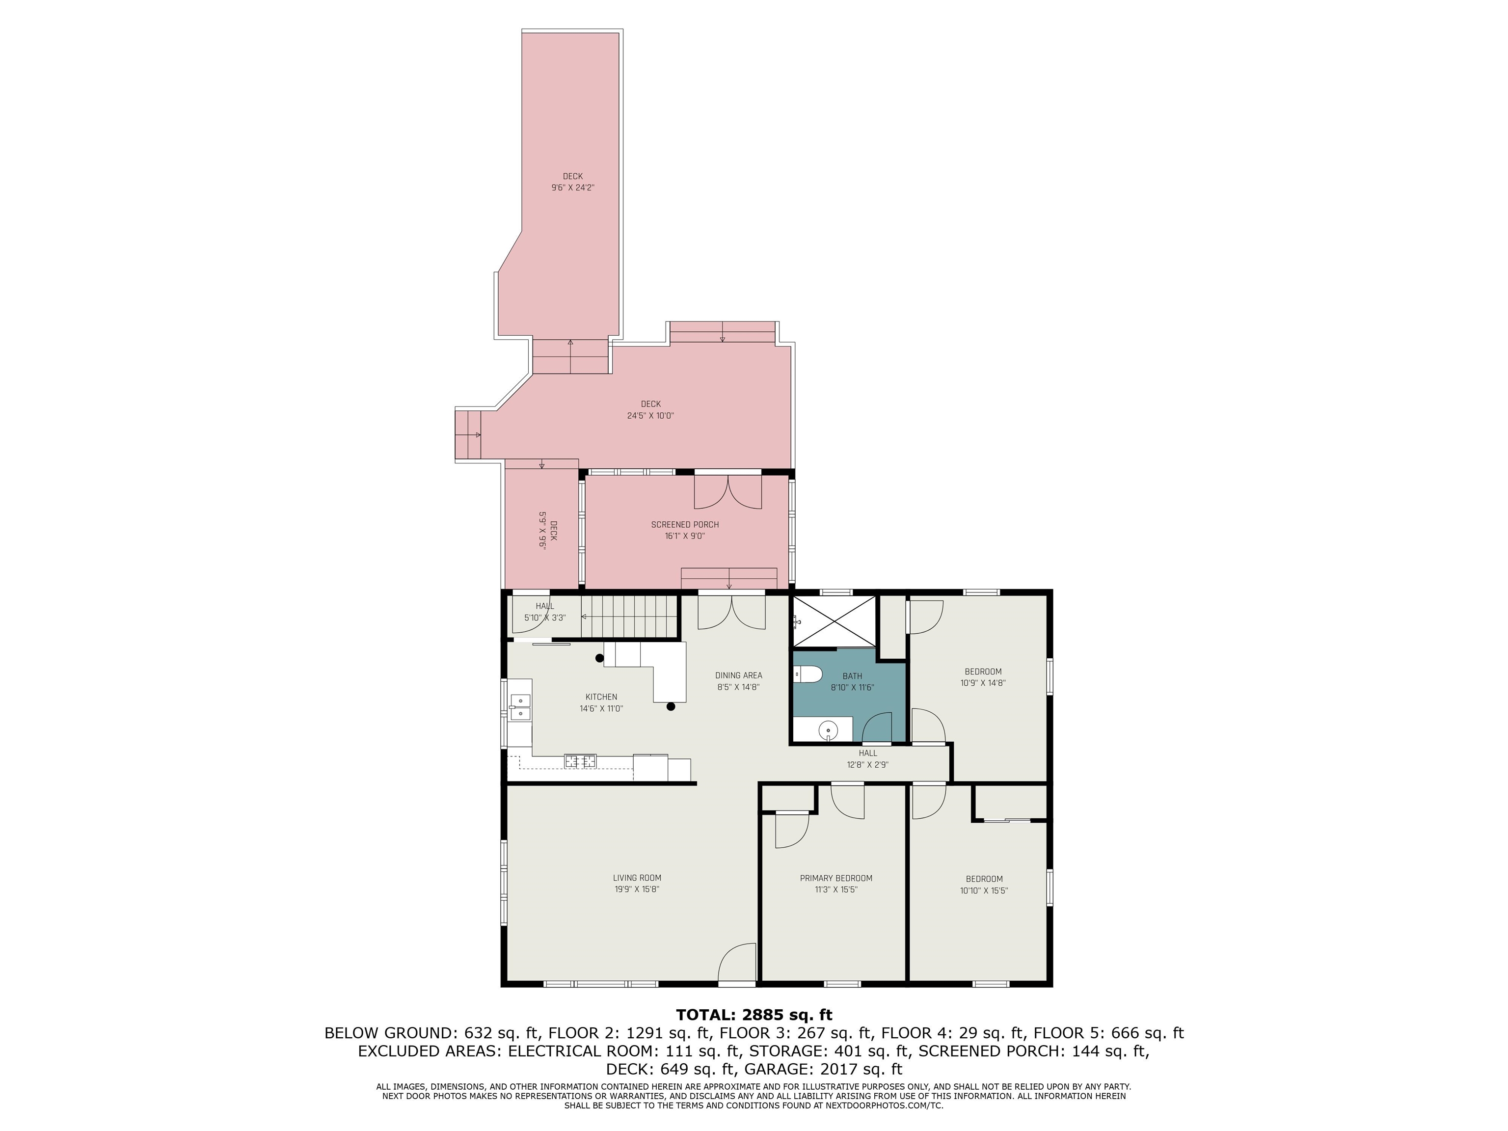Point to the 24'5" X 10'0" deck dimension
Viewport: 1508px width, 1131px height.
tap(650, 415)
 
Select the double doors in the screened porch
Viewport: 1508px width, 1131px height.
tap(728, 491)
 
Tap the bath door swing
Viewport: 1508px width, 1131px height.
tap(877, 727)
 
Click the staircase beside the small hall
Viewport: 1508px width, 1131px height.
tap(628, 616)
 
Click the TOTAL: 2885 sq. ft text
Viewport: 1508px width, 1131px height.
tap(754, 1015)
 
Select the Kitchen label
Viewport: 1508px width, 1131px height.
tap(601, 697)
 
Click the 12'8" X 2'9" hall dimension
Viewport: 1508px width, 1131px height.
tap(868, 765)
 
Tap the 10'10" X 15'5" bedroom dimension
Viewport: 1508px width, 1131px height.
tap(984, 890)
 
